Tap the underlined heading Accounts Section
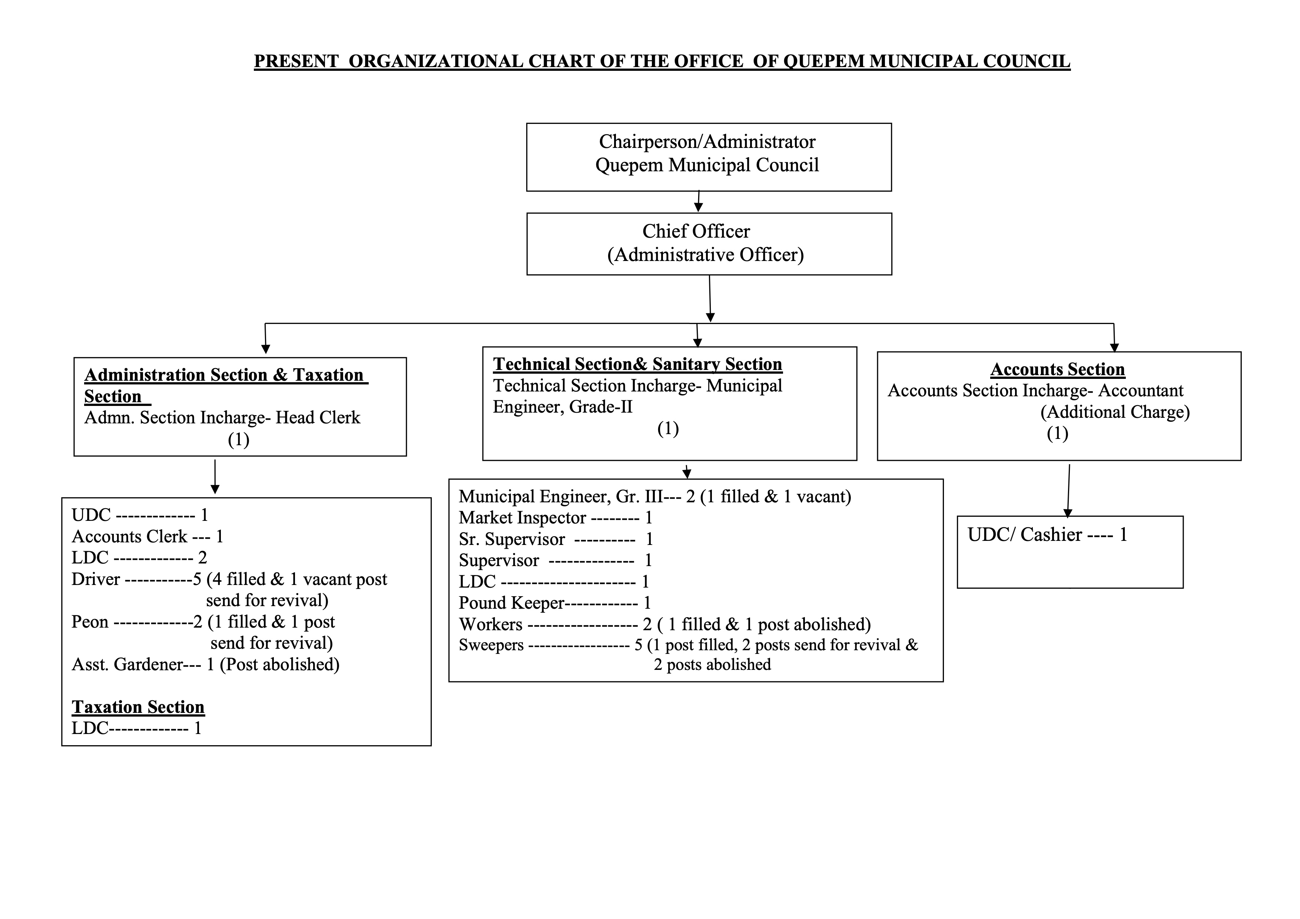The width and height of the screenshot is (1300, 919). pos(1058,369)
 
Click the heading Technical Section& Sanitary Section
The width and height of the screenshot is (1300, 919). pos(637,364)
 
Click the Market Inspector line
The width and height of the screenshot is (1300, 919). pos(556,518)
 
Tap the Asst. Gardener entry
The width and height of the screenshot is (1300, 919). pos(206,664)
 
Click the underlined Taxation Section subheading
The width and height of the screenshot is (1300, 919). pos(138,707)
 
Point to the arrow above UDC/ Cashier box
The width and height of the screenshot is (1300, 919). pos(1068,491)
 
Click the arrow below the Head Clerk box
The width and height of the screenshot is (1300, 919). pos(215,477)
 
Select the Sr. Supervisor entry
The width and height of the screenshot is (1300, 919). pos(556,539)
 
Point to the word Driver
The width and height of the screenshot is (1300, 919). pos(96,579)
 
